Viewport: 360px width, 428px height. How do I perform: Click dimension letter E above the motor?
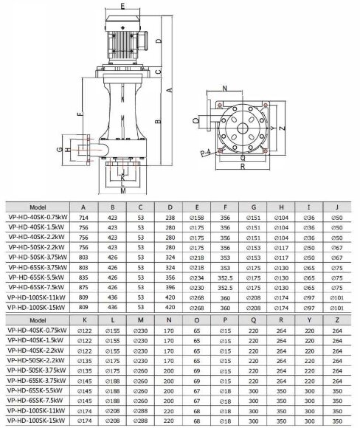tap(121, 4)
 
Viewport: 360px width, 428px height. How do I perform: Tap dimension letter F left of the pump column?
tap(79, 114)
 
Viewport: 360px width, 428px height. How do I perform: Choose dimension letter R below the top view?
tap(243, 167)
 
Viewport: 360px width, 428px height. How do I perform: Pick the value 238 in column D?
tap(170, 219)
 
